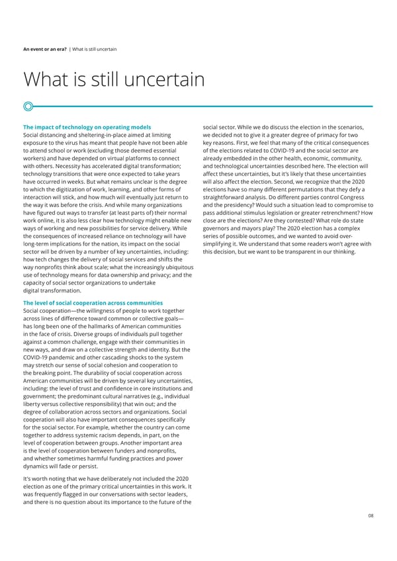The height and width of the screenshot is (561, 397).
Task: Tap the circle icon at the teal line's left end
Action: [x=28, y=106]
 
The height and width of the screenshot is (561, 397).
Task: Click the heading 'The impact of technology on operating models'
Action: [x=87, y=127]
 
